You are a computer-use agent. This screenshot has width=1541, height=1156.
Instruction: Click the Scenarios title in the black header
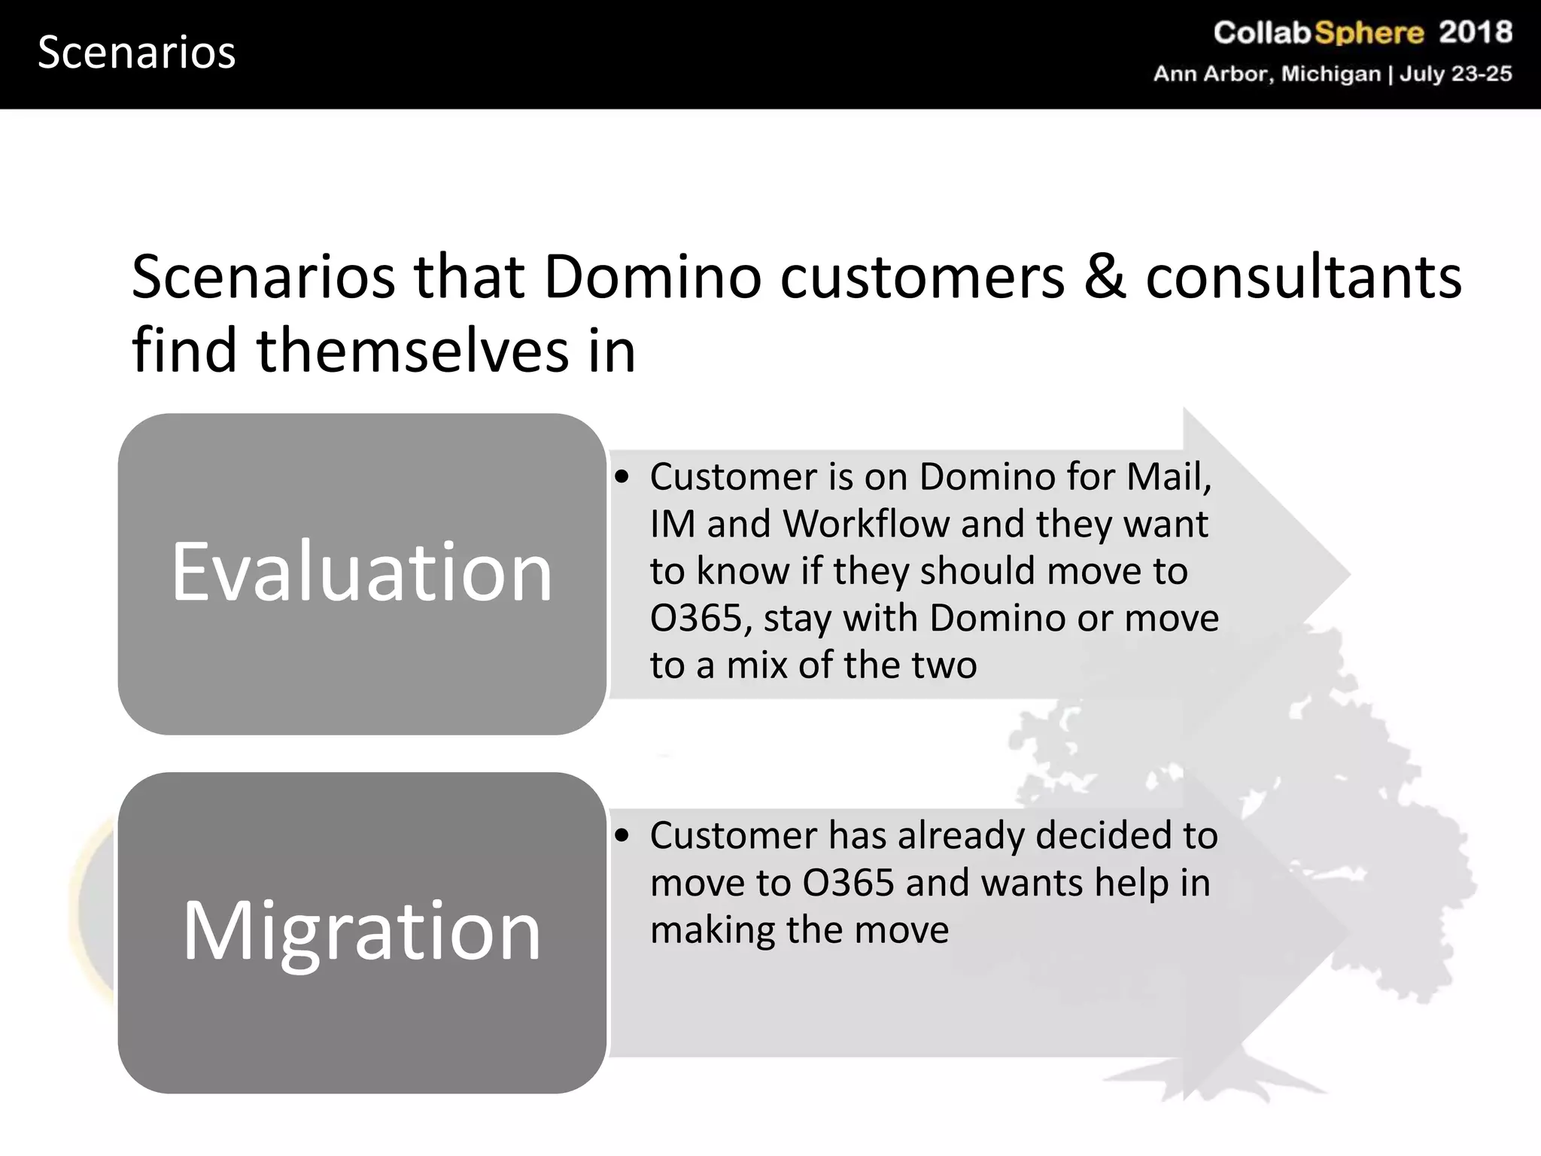(x=136, y=53)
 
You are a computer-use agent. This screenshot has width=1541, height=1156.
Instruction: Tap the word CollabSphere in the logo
(x=1318, y=32)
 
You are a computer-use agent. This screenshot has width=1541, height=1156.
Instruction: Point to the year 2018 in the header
(x=1475, y=32)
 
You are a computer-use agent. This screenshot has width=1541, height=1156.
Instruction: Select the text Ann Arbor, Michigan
(x=1267, y=74)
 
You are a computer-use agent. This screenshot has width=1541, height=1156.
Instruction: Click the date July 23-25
(x=1455, y=74)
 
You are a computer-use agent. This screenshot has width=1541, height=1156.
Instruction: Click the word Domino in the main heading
(x=652, y=277)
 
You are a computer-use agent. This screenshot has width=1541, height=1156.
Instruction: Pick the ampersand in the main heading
(x=1105, y=277)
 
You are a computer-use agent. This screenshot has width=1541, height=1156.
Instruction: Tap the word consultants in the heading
(x=1303, y=277)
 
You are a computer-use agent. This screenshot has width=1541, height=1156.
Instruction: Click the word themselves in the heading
(x=412, y=351)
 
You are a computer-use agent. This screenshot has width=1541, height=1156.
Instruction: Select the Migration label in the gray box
(x=362, y=931)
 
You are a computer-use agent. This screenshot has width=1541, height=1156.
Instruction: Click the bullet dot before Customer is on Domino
(x=622, y=477)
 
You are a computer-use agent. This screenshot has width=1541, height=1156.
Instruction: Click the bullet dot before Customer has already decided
(x=622, y=836)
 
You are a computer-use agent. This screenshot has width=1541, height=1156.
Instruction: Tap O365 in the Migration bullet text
(x=848, y=883)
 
